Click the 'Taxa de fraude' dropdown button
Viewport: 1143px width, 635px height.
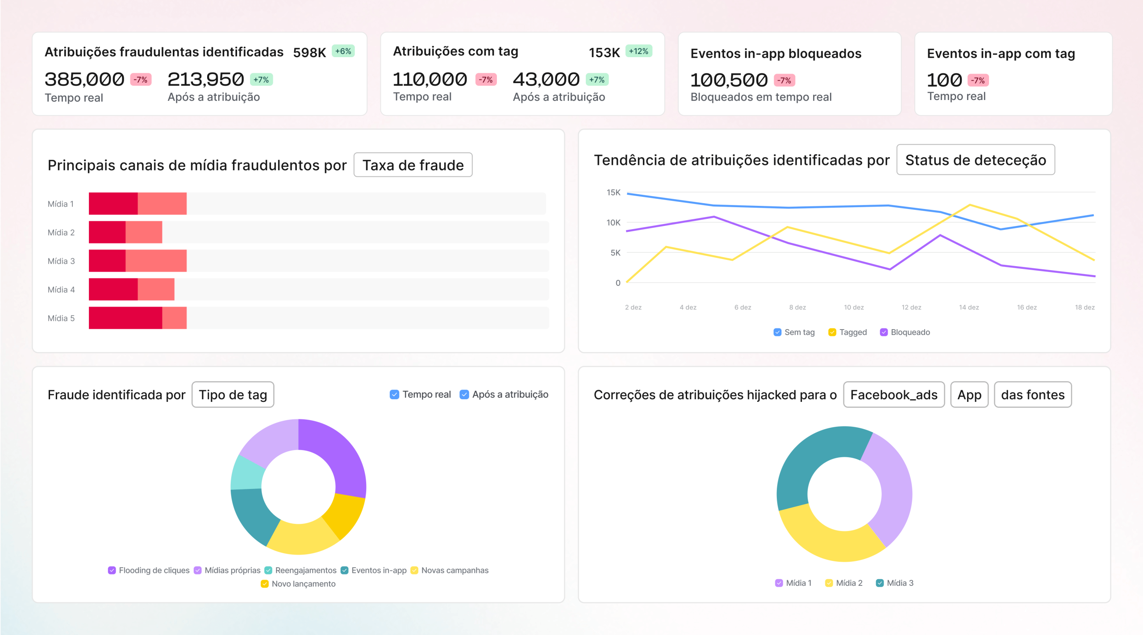[413, 165]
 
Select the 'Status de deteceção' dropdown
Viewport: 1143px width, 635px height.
[975, 160]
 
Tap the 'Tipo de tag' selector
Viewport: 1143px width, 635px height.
[233, 395]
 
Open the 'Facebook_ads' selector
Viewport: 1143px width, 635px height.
[893, 395]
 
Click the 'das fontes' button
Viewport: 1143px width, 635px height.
[1032, 395]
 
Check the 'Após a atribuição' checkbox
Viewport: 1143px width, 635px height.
[464, 394]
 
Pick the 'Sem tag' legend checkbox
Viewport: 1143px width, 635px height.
[777, 332]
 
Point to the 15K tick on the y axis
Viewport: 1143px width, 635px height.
[613, 192]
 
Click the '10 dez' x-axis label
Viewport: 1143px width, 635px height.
[853, 307]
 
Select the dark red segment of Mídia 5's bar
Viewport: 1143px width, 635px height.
[125, 318]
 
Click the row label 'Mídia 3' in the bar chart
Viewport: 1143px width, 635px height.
[61, 261]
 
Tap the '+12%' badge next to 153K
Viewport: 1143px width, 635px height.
[638, 51]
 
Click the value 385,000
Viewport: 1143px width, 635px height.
[84, 79]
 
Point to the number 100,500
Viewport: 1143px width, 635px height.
[729, 80]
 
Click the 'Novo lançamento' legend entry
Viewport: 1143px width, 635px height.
[298, 584]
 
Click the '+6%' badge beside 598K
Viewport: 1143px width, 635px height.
[343, 51]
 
